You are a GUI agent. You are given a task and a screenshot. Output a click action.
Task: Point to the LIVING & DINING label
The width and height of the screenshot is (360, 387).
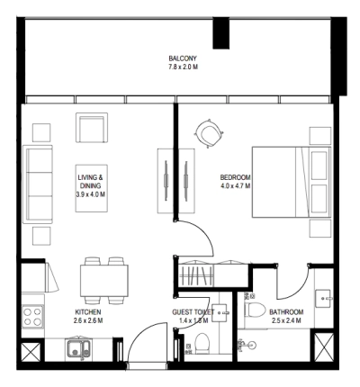point(90,183)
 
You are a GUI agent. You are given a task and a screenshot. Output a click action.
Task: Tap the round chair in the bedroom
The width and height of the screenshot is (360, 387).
point(209,135)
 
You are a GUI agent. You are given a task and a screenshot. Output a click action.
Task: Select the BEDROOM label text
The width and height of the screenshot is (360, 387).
point(235,177)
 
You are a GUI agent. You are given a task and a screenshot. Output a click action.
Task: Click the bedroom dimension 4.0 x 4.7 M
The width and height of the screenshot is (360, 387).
point(235,186)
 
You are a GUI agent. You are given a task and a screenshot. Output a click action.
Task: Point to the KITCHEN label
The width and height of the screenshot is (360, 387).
point(88,311)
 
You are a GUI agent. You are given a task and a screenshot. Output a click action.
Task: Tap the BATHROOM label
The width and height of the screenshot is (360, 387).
point(285,311)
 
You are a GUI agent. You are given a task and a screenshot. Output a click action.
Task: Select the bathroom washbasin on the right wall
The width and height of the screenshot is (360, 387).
point(326,297)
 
